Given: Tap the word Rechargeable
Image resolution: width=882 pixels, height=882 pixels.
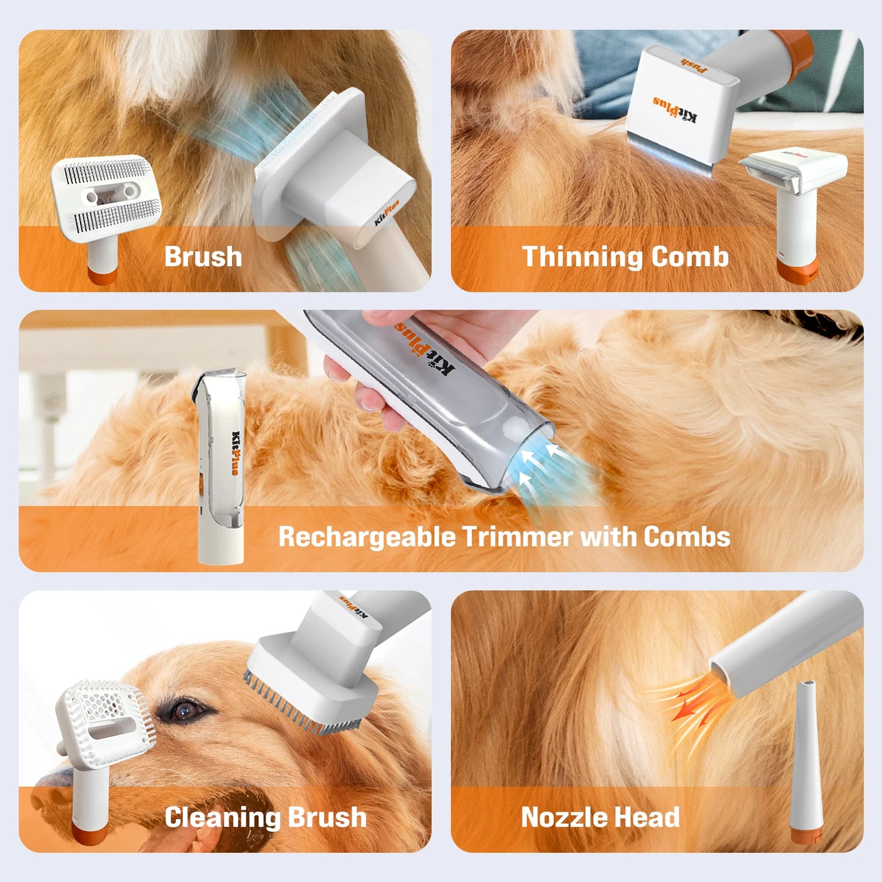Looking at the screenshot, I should pos(367,537).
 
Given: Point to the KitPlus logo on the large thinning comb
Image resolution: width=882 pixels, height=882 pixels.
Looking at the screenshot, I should pos(675,109).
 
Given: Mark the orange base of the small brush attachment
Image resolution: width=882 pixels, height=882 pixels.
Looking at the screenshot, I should pos(101,275).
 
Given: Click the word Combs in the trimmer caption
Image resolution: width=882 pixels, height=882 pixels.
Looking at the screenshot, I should pos(686,537).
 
